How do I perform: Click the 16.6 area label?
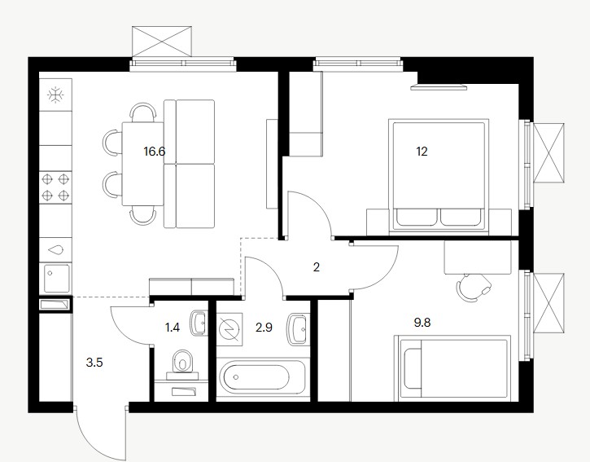pos(155,152)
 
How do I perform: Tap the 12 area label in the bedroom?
pos(422,152)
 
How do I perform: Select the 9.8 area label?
pos(422,323)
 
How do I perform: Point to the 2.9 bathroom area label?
pos(264,328)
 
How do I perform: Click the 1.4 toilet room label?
pos(173,328)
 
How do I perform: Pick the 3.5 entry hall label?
pos(94,363)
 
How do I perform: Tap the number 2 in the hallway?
pos(316,267)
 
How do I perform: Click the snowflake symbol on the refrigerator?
pos(55,95)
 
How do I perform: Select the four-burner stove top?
pos(55,187)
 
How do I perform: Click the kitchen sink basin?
pos(57,278)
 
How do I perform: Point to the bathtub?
pos(263,376)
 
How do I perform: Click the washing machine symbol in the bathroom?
pos(230,328)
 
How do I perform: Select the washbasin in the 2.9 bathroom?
pos(297,328)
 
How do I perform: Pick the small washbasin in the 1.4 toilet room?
pos(199,323)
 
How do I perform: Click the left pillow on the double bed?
pos(417,218)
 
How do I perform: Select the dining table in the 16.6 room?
pos(143,164)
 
